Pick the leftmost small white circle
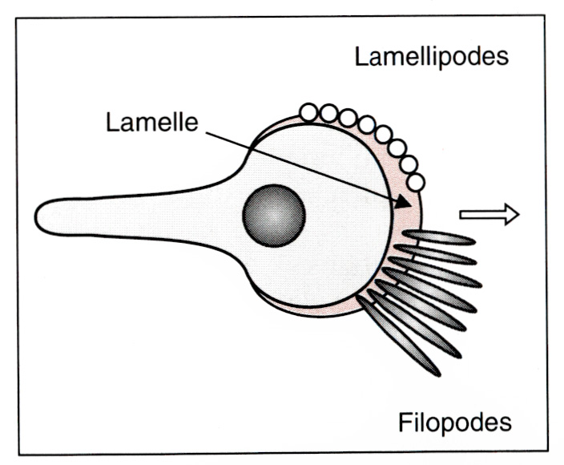tap(308, 112)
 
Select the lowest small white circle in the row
tap(416, 182)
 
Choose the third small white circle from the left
tap(348, 118)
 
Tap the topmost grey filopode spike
tap(439, 237)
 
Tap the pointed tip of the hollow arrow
tap(519, 213)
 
